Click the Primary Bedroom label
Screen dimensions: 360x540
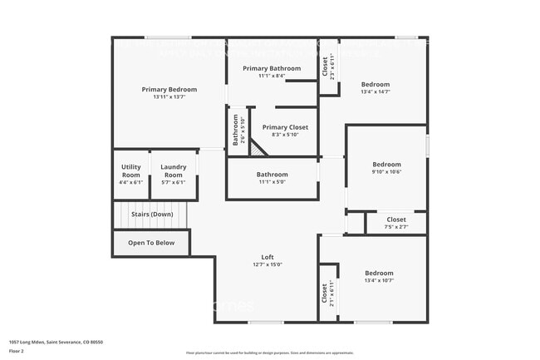coord(169,90)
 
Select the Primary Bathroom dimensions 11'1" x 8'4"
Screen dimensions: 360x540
coord(271,76)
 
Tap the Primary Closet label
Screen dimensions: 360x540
coord(285,127)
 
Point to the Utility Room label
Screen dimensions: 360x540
coord(131,171)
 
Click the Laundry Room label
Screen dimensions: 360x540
coord(173,171)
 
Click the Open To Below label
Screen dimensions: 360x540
coord(151,243)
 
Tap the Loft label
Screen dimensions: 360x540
coord(268,257)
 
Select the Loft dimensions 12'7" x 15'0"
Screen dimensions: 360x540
coord(268,264)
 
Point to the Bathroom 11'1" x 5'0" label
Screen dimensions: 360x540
coord(272,175)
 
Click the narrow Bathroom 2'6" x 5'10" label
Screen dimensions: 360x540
coord(236,131)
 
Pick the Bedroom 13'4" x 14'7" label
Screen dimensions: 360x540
coord(376,85)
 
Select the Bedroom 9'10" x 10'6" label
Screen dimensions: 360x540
coord(386,165)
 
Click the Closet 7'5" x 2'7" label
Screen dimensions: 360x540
coord(396,219)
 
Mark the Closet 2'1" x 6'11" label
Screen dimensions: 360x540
coord(326,293)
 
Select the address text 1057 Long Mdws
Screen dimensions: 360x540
coord(27,340)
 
